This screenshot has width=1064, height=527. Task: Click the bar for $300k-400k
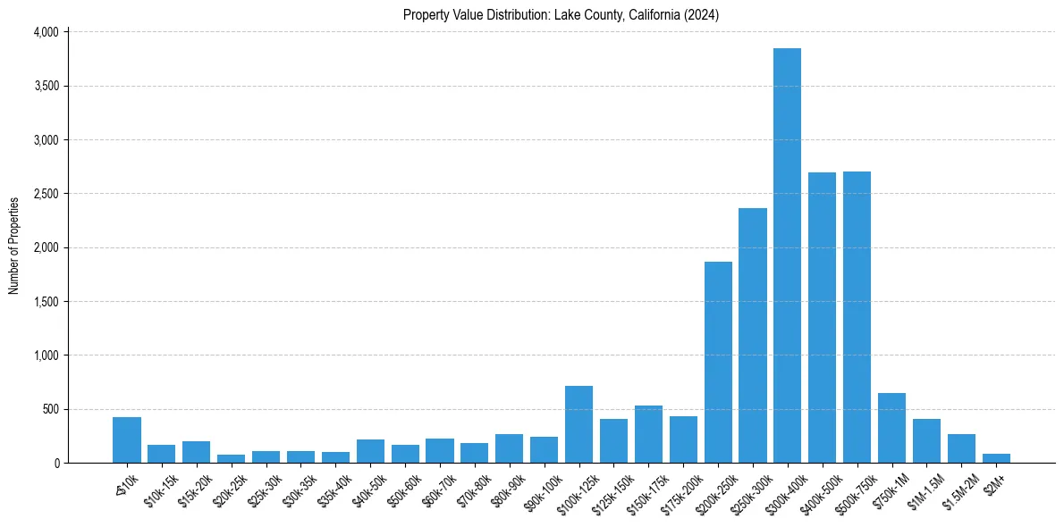(787, 255)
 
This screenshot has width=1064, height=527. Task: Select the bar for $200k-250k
(718, 362)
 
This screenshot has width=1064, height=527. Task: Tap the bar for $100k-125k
(578, 424)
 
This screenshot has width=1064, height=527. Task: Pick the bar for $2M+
(996, 458)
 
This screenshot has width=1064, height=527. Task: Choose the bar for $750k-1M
(891, 428)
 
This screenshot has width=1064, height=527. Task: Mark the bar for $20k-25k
(231, 458)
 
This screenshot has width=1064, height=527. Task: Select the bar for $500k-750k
(857, 317)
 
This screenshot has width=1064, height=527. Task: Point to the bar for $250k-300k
(753, 335)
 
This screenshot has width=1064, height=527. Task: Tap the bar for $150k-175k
(648, 434)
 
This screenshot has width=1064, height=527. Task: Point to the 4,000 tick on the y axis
(46, 32)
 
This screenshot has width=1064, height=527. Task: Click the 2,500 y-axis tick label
(46, 194)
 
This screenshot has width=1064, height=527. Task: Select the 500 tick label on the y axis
(51, 409)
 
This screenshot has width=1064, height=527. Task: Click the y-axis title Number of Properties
(14, 246)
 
